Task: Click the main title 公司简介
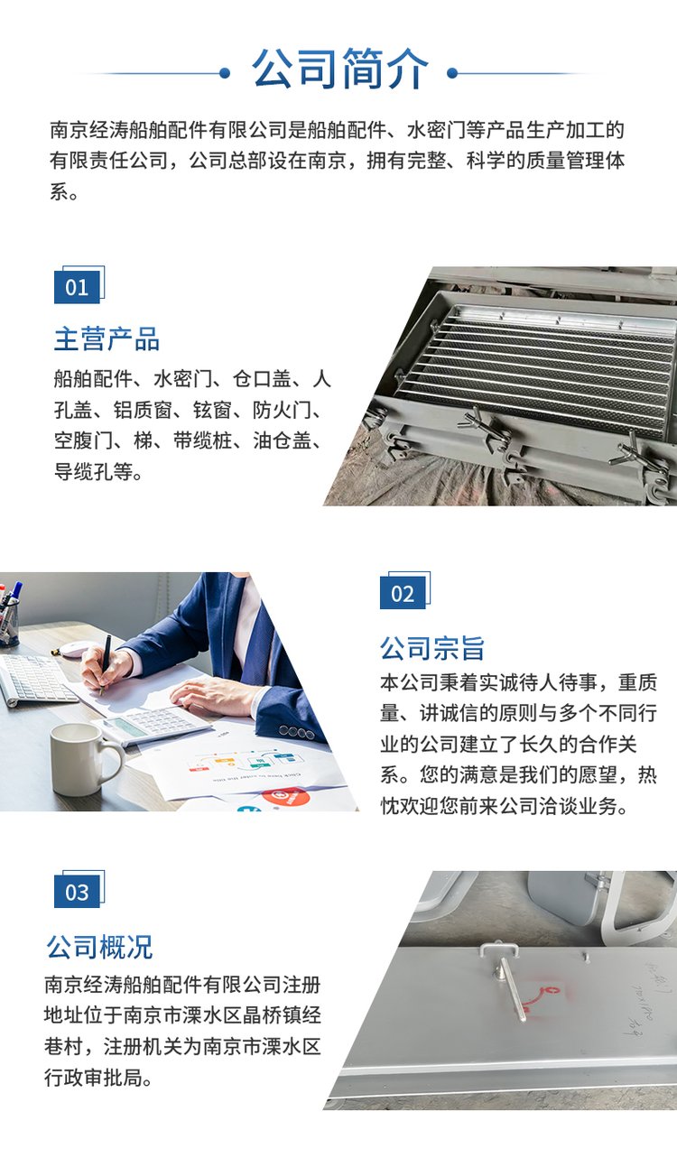339,69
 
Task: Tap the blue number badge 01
77,286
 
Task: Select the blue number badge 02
403,593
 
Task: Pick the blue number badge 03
77,892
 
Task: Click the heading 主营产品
107,339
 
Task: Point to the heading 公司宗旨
432,648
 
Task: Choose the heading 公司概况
99,947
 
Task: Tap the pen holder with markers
9,615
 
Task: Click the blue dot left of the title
225,73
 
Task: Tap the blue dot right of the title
452,73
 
